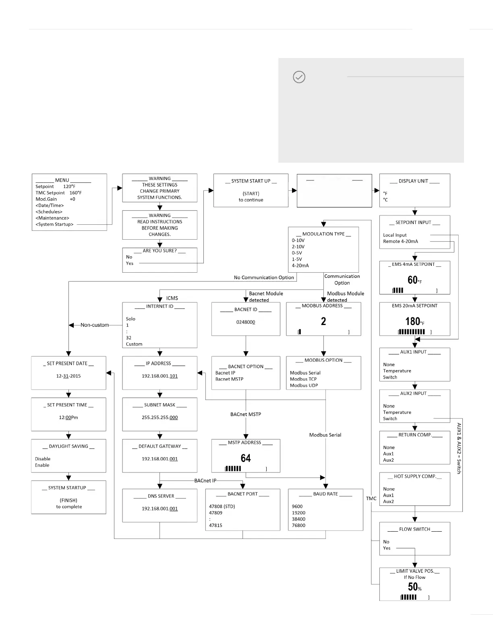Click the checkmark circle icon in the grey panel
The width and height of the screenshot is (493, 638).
click(x=299, y=77)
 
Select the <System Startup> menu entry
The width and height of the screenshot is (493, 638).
click(x=54, y=224)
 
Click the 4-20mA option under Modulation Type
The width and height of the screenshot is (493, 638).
click(x=300, y=266)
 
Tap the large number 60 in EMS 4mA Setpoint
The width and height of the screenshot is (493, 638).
click(x=413, y=280)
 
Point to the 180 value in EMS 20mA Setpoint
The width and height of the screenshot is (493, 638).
click(x=413, y=321)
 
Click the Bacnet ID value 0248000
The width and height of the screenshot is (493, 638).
click(x=246, y=322)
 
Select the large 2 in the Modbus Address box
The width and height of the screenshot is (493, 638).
click(x=323, y=321)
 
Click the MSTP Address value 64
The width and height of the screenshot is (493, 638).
click(x=246, y=458)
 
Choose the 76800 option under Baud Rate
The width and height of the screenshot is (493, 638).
click(x=299, y=526)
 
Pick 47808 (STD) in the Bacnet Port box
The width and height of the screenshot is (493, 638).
click(x=222, y=507)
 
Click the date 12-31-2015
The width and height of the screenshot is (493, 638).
click(x=68, y=376)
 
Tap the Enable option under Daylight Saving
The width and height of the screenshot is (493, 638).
click(x=42, y=465)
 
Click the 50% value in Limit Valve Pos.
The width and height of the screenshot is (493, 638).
click(x=414, y=587)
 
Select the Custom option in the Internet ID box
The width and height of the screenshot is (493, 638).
click(x=134, y=344)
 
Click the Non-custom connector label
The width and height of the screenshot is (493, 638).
click(x=95, y=325)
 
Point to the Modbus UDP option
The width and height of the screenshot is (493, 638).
click(x=304, y=385)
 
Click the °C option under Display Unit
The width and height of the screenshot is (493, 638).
click(x=385, y=200)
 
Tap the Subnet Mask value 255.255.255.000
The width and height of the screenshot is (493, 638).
click(x=159, y=418)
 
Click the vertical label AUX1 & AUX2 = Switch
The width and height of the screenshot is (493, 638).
click(x=459, y=448)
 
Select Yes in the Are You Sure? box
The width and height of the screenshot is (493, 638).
click(x=130, y=263)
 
